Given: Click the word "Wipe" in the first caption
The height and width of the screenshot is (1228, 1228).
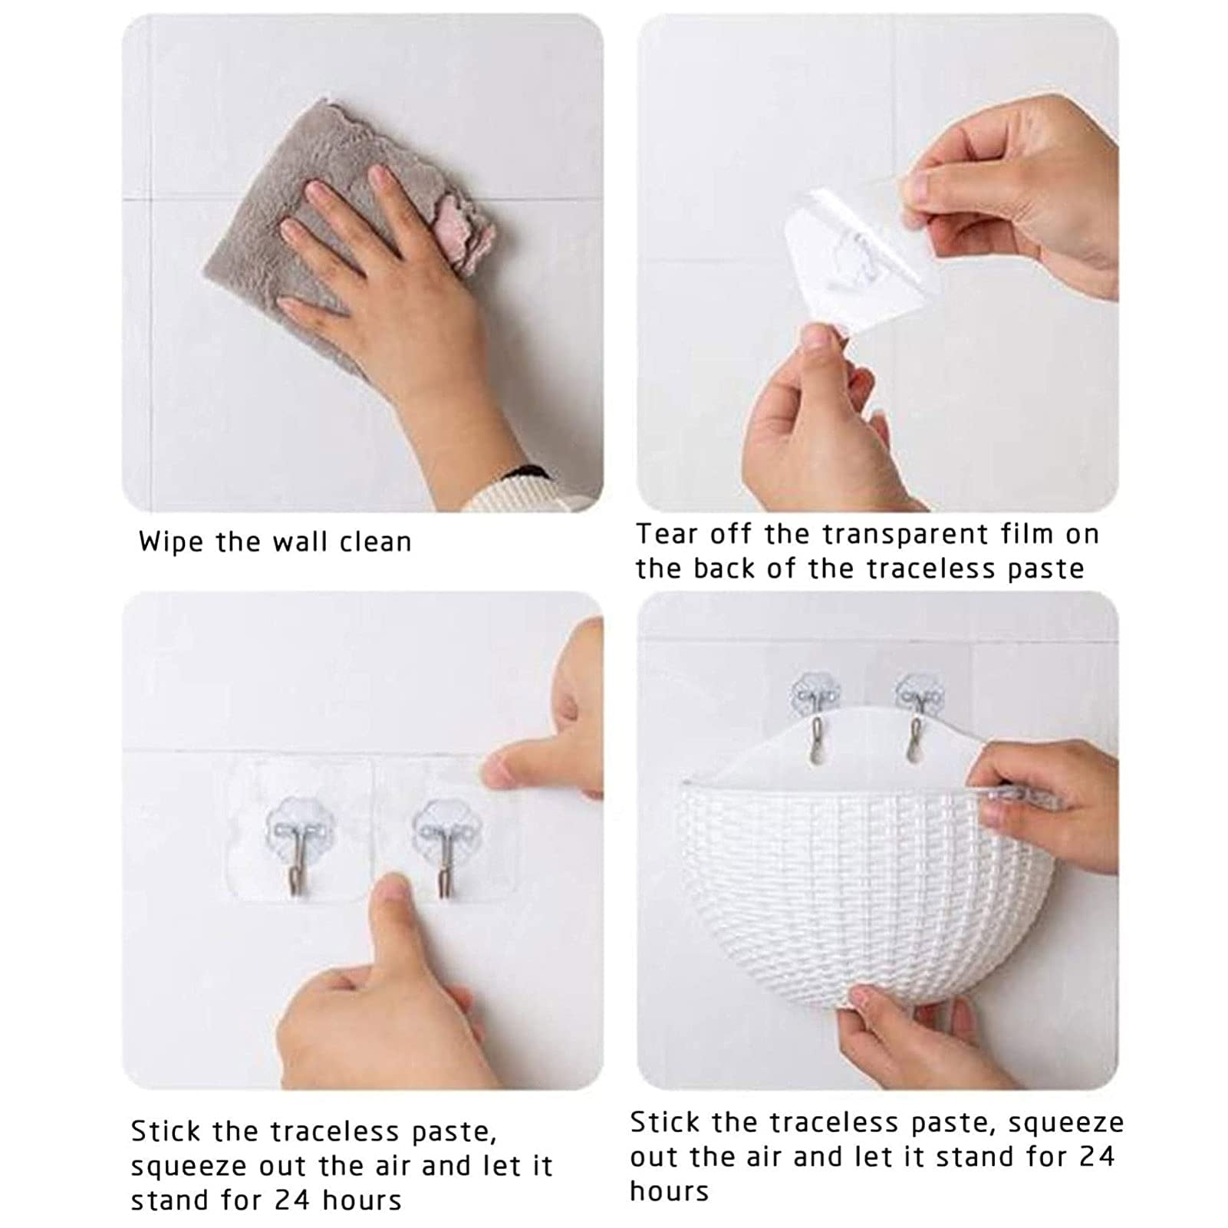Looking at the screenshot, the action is pyautogui.click(x=171, y=542).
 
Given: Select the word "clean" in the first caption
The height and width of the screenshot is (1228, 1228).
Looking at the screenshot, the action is pyautogui.click(x=375, y=542).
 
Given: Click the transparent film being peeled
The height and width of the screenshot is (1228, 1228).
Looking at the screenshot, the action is pyautogui.click(x=859, y=253).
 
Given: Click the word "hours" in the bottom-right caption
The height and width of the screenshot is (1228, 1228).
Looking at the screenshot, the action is pyautogui.click(x=670, y=1191).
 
